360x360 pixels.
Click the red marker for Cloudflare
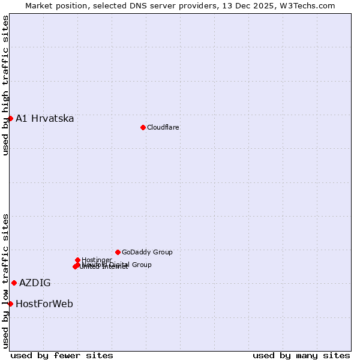(143, 127)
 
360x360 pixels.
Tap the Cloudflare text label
(163, 127)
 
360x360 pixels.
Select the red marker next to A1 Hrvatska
(10, 118)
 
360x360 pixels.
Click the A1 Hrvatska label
(45, 118)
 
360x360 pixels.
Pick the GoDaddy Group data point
(118, 252)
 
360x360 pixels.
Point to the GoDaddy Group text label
(147, 252)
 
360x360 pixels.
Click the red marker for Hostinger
(77, 260)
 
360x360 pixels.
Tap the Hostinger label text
(97, 260)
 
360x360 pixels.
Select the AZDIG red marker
(14, 283)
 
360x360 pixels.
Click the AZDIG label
(35, 283)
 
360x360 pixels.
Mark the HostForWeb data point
(10, 304)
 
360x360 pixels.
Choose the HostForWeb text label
(44, 304)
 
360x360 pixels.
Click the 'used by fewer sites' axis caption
(62, 355)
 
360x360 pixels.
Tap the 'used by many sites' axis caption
(301, 355)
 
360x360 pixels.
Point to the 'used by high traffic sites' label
(5, 85)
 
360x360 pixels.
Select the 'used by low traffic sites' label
(5, 280)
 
